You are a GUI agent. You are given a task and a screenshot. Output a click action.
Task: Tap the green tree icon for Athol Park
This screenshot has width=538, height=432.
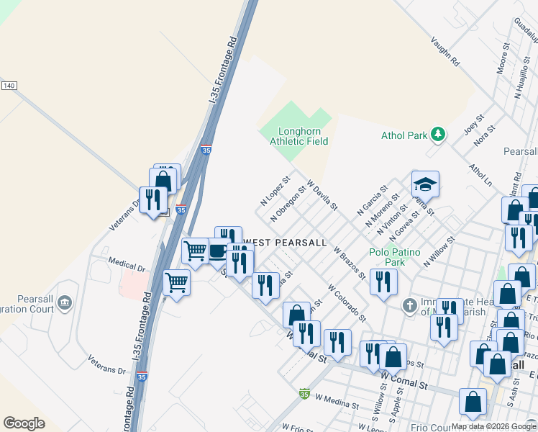coord(437,135)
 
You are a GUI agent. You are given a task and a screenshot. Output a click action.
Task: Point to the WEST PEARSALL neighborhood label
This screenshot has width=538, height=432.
coord(286,242)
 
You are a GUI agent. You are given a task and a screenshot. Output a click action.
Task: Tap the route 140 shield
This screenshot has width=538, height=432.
coord(9,86)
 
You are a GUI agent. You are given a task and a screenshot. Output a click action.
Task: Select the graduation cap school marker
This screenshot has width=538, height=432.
coord(425,185)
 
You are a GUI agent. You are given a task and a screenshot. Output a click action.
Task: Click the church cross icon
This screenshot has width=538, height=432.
coord(409,306)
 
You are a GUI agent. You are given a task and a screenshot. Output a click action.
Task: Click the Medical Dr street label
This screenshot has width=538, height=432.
coord(127,263)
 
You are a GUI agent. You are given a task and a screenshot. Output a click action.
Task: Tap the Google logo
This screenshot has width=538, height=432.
coord(24,423)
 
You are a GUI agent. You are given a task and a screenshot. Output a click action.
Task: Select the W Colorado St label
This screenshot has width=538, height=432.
coord(347,302)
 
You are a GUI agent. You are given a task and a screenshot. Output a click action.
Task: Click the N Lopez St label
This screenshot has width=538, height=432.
coord(274,189)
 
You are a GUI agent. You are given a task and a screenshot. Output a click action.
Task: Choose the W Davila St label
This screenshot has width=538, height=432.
coord(322,195)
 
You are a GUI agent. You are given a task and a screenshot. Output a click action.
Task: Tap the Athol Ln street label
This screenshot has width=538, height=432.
coord(480,175)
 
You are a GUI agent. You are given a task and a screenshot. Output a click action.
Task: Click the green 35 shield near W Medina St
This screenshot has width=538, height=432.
coord(305,394)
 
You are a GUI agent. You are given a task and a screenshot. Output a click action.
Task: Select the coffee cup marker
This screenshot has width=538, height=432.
coord(218,251)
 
